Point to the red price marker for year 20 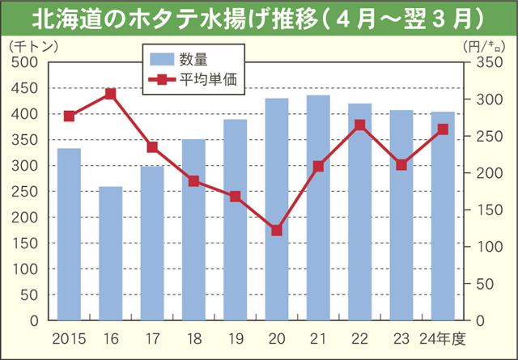[277, 231]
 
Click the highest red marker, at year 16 [110, 94]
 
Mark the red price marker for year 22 [359, 125]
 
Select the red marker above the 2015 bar [69, 116]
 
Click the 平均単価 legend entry [194, 80]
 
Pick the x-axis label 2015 [69, 337]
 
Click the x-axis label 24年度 [444, 337]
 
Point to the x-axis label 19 [236, 337]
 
